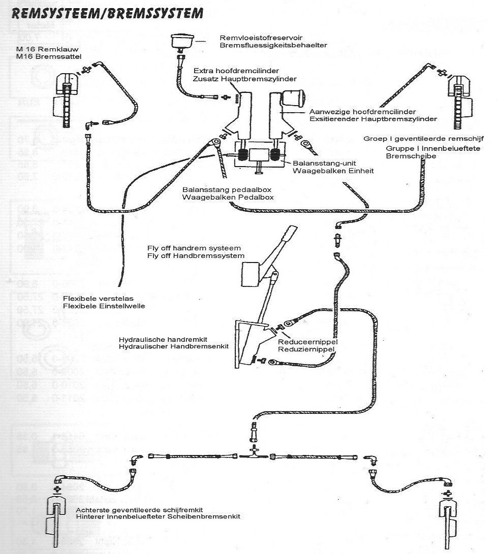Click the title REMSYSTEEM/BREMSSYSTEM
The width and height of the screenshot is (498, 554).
(x=107, y=14)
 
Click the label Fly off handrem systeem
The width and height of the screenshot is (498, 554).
(x=194, y=248)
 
